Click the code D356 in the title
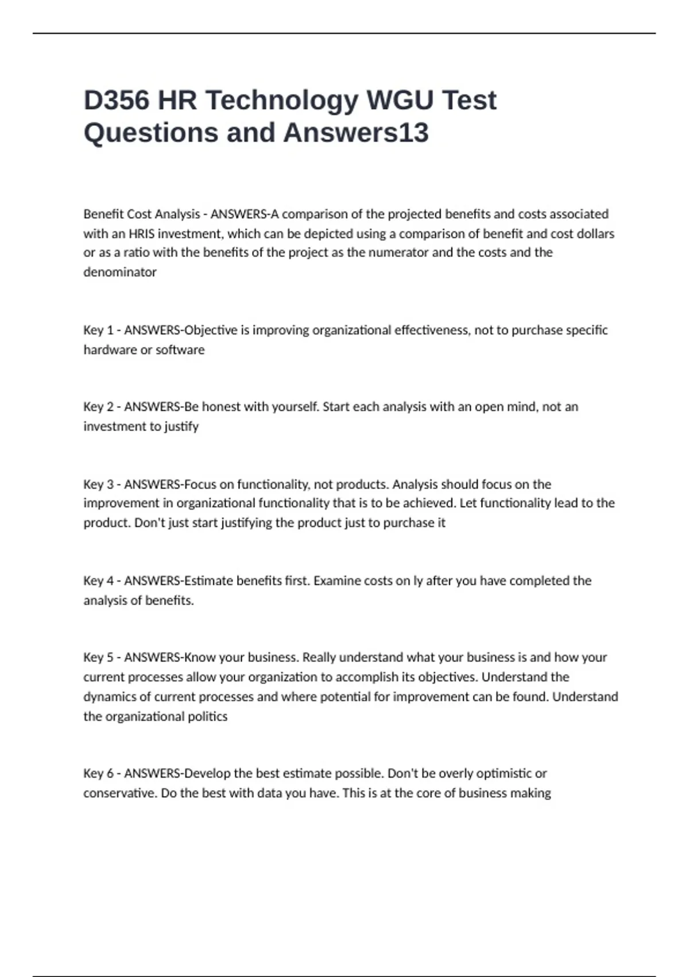117,100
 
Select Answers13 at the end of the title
355,133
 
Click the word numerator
399,253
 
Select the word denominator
119,272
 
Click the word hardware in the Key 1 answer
110,350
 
